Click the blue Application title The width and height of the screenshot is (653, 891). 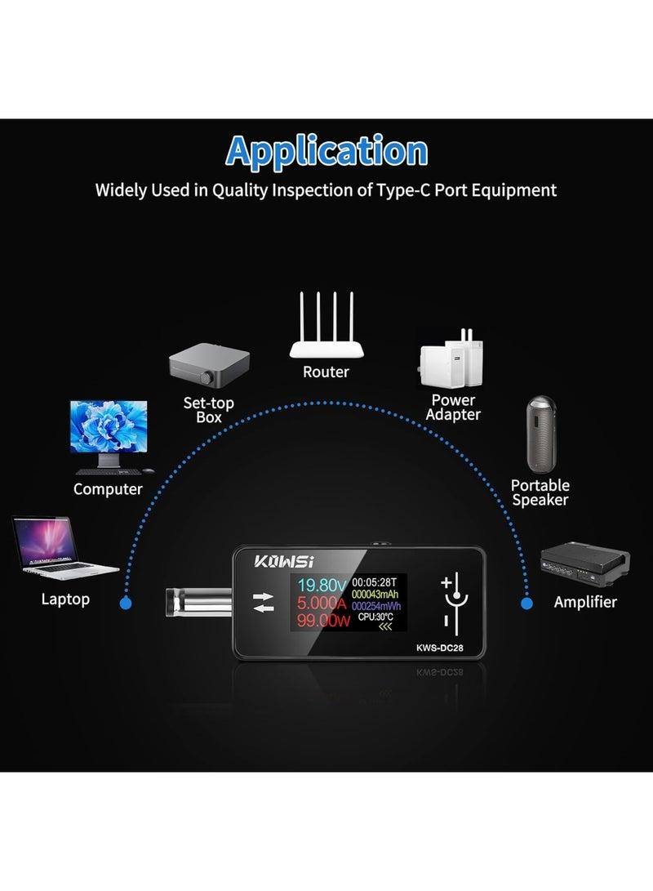pos(326,151)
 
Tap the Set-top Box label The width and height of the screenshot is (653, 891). pos(209,410)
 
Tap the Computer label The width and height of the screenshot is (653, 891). pos(108,489)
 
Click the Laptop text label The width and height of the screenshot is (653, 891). pos(65,599)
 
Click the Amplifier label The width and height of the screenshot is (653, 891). pos(585,603)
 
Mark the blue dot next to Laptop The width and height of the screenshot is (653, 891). pos(126,604)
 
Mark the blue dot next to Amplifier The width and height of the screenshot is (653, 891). pos(527,604)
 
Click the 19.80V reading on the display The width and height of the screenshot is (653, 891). pos(321,585)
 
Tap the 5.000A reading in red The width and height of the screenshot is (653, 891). pos(321,604)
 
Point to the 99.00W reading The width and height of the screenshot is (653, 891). pos(321,621)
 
